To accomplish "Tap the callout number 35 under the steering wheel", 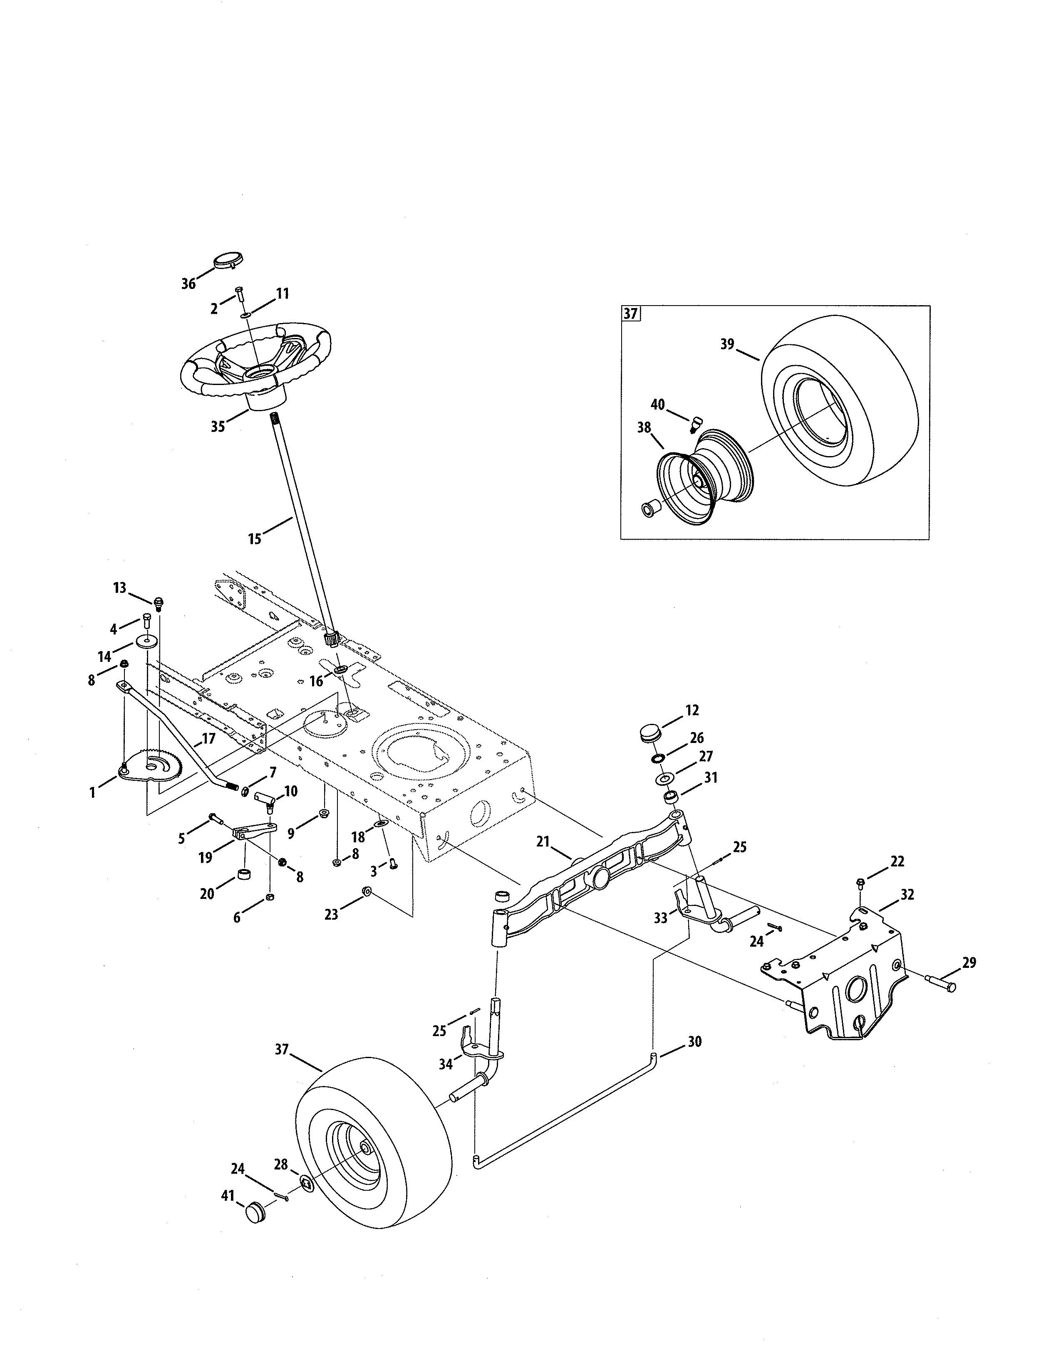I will [218, 427].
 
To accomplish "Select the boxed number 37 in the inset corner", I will [630, 313].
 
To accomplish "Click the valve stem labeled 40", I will [695, 424].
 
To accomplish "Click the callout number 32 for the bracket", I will [907, 895].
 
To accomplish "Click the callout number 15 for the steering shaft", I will [255, 539].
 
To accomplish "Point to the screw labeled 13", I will [159, 603].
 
